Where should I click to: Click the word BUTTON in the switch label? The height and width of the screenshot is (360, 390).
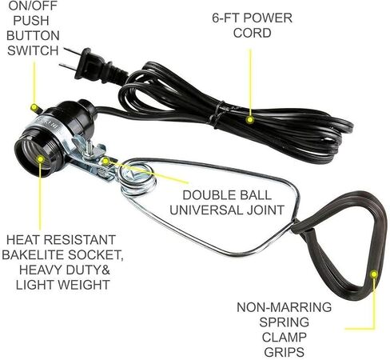tap(33, 36)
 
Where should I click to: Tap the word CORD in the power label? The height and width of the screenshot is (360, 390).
tap(253, 33)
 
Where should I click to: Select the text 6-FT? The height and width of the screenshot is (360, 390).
tap(225, 18)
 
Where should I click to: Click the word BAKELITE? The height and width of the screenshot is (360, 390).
tap(33, 255)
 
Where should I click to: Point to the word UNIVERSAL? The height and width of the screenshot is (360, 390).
tap(206, 210)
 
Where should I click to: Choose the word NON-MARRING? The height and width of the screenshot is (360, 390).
tap(284, 307)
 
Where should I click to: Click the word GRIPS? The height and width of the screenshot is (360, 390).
tap(284, 352)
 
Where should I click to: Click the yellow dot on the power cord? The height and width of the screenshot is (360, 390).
tap(249, 120)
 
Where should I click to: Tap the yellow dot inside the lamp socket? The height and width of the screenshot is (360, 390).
tap(41, 159)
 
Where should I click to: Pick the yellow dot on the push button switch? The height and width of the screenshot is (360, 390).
tap(34, 107)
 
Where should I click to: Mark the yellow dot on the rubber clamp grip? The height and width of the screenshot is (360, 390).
tap(374, 274)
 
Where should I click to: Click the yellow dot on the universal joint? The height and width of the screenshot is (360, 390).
tap(105, 161)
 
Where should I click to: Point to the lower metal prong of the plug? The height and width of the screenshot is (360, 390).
tap(67, 66)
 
